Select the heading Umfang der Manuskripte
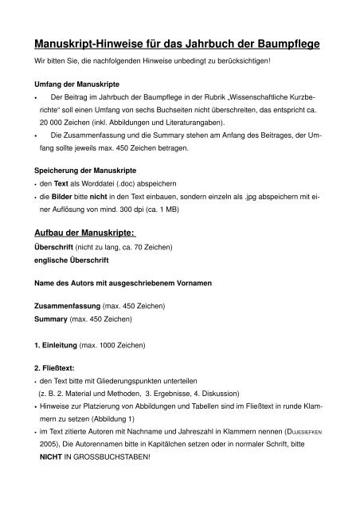coord(75,83)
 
